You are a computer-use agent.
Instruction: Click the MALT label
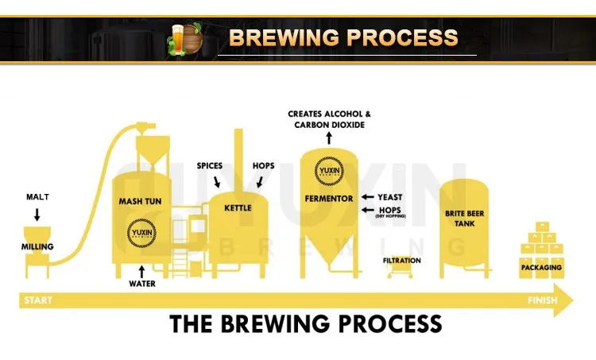[x=38, y=196]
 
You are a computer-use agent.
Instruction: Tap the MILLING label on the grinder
[x=37, y=246]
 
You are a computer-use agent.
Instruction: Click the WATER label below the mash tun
[x=143, y=283]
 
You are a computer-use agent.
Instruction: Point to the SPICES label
[x=209, y=165]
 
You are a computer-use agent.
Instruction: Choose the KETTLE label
[x=238, y=208]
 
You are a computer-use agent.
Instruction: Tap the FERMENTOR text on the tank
[x=328, y=197]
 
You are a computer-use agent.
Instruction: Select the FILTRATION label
[x=401, y=260]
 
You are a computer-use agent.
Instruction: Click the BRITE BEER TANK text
[x=464, y=219]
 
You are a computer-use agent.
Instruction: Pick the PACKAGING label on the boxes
[x=541, y=267]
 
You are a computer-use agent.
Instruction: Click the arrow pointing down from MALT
[x=37, y=213]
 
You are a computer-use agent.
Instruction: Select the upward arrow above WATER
[x=142, y=270]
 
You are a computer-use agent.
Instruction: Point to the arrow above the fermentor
[x=329, y=138]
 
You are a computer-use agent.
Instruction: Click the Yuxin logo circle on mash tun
[x=140, y=233]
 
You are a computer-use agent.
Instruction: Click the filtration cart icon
[x=401, y=271]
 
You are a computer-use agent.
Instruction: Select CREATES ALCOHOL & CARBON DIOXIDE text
[x=329, y=119]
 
